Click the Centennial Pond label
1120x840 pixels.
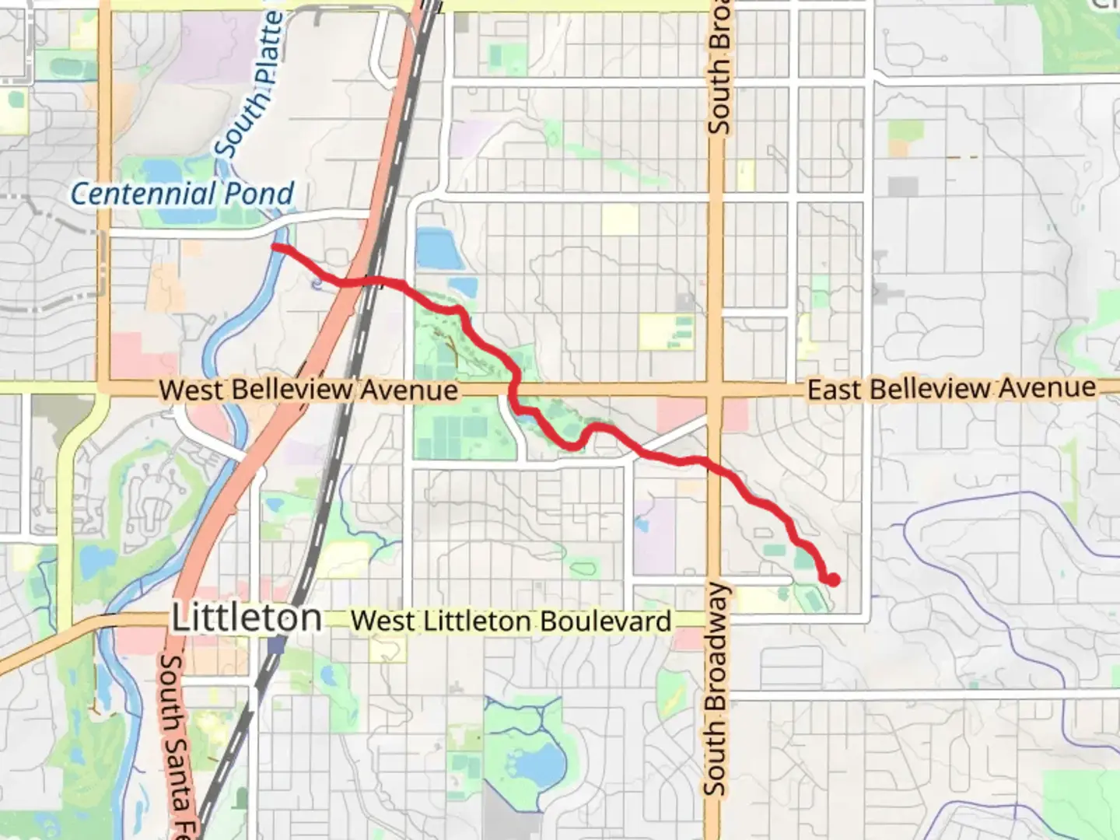coord(183,194)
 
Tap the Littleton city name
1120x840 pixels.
coord(247,618)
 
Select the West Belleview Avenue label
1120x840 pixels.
coord(308,390)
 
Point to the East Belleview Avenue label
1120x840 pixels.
coord(951,388)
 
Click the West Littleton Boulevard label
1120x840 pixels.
coord(511,621)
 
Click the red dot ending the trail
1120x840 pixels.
coord(833,579)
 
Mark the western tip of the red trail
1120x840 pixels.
coord(275,247)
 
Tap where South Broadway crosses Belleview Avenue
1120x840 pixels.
coord(715,388)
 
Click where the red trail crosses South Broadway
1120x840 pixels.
coord(715,467)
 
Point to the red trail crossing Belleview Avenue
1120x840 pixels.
coord(514,388)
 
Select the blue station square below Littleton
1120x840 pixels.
coord(276,644)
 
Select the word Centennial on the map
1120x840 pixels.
coord(143,194)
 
